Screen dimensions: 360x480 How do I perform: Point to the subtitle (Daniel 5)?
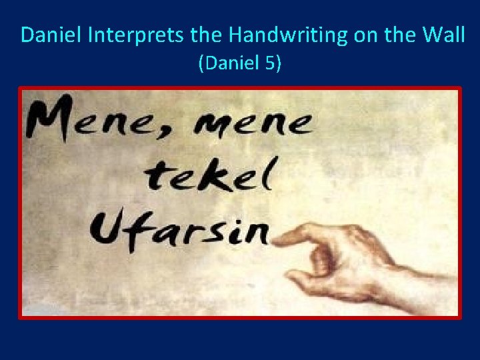[240, 64]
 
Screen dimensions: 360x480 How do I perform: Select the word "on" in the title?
[364, 35]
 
